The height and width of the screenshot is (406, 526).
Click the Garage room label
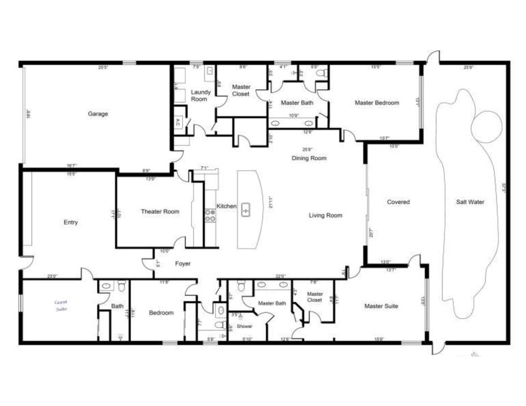tap(98, 114)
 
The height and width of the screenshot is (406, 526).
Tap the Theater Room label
tap(160, 211)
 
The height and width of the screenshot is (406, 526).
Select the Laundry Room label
tap(201, 95)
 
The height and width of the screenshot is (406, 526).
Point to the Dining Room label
tap(309, 158)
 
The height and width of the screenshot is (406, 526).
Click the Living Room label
tap(325, 215)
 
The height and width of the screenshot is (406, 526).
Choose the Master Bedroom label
tap(376, 103)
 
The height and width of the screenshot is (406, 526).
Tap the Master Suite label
tap(381, 306)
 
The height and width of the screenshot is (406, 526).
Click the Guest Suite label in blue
tap(61, 306)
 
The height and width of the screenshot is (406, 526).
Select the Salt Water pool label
tap(470, 202)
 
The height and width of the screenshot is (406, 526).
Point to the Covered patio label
tap(398, 202)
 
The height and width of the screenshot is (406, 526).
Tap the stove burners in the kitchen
tap(209, 215)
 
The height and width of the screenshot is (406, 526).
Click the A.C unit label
tap(178, 122)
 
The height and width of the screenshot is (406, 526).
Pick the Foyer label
tap(182, 263)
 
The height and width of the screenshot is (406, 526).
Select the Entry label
tap(71, 222)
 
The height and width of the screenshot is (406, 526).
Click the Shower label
tap(244, 326)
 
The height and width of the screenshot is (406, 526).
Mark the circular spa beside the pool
tap(486, 127)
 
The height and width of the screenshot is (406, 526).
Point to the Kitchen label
tap(226, 206)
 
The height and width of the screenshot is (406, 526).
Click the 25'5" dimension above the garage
tap(103, 67)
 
